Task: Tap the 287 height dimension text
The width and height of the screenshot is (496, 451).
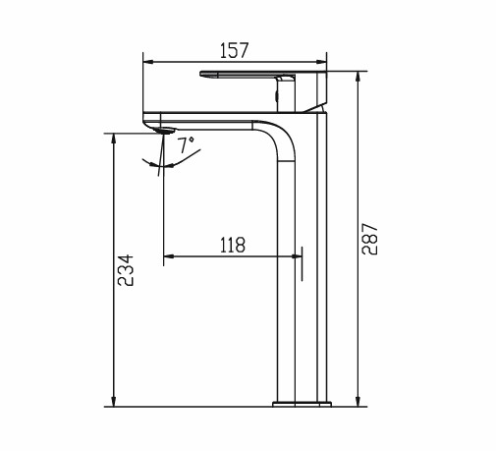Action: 370,238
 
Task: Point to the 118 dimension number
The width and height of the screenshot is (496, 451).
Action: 234,244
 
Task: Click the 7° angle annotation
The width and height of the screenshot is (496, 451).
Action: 186,143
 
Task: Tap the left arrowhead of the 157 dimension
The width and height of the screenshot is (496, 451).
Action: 148,62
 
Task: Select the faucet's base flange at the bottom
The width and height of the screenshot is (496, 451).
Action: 301,402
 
